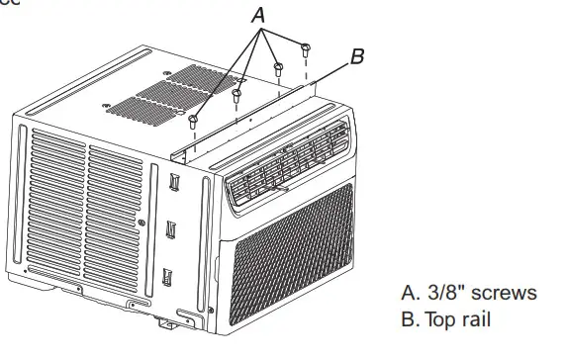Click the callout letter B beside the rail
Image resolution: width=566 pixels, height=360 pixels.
coord(357,57)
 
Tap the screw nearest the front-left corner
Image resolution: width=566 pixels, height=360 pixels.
coord(192,120)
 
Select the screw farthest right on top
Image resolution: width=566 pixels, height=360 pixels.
coord(305,48)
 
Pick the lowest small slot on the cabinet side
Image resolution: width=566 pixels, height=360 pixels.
coord(167,275)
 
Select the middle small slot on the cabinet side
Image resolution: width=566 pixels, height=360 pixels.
coord(170,228)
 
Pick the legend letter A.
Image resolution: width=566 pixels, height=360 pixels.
coord(407,293)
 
